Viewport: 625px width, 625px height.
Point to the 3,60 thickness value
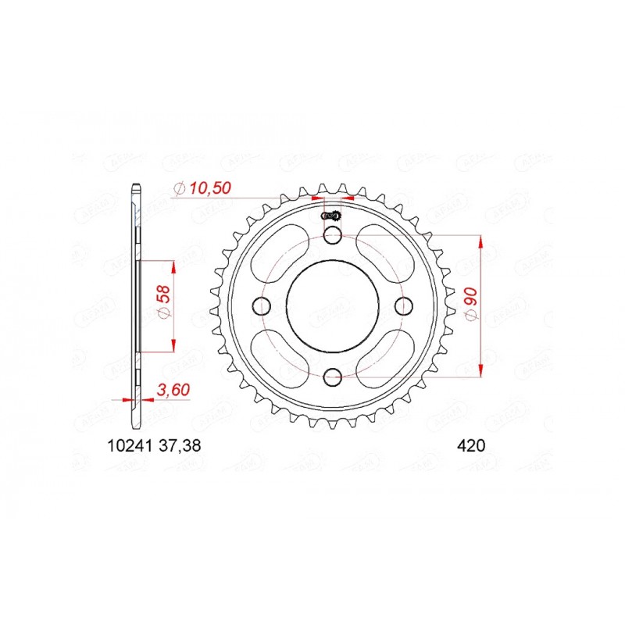click(174, 389)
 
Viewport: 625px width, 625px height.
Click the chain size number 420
click(472, 447)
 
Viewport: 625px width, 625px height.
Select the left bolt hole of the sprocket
click(260, 306)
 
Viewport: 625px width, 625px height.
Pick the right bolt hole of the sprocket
click(402, 306)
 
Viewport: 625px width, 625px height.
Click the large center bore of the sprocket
click(331, 306)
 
